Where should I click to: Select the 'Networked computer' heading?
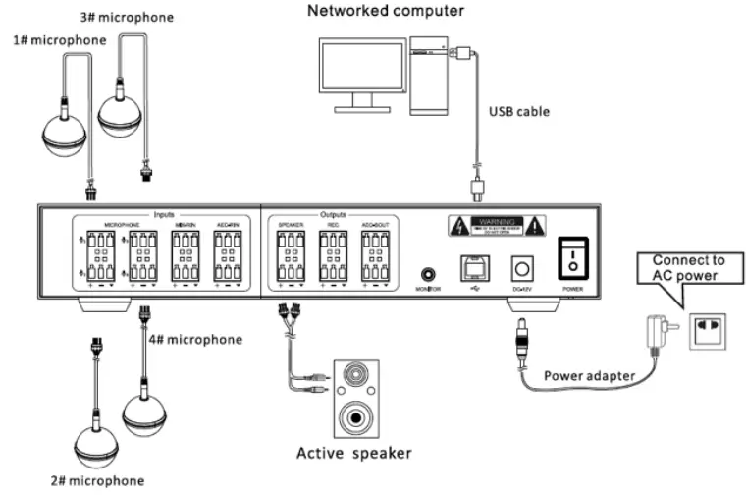372,12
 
